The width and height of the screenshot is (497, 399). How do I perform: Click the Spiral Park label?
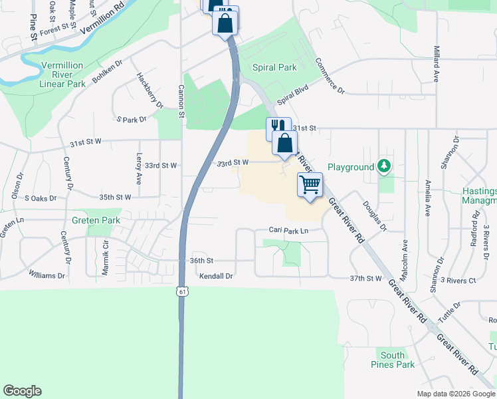[x=274, y=67]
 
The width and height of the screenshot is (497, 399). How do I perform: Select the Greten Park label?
[x=96, y=220]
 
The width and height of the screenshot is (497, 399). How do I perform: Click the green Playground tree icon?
[x=384, y=166]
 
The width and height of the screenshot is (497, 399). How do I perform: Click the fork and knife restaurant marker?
[x=278, y=126]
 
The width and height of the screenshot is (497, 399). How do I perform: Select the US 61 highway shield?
[x=182, y=291]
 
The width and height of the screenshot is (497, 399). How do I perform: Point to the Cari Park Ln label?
[x=289, y=231]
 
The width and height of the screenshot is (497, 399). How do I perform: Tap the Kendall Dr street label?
[x=217, y=276]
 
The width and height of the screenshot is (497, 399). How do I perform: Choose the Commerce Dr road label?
[x=330, y=75]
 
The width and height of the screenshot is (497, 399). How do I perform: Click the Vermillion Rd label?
[x=101, y=23]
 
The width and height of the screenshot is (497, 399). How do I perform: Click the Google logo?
[x=22, y=391]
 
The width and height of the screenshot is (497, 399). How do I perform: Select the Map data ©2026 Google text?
[x=455, y=394]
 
